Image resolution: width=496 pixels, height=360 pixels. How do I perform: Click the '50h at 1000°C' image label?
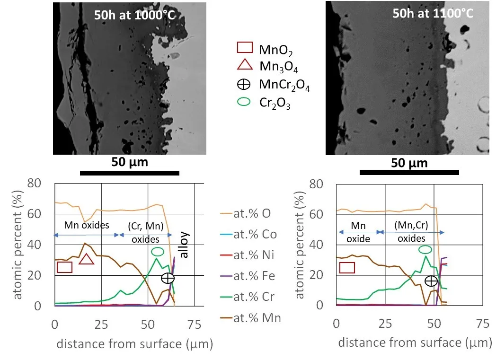click(x=135, y=15)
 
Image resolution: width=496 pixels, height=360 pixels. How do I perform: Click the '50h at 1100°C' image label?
click(x=433, y=13)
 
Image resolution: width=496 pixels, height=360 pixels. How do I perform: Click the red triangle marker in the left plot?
click(x=86, y=259)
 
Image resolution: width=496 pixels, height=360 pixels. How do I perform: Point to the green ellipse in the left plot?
click(x=157, y=252)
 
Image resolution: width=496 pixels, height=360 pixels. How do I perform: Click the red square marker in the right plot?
click(x=347, y=268)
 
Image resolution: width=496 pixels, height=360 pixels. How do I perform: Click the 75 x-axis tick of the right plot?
click(x=482, y=324)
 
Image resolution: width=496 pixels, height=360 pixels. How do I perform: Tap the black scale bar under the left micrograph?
click(x=129, y=173)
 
